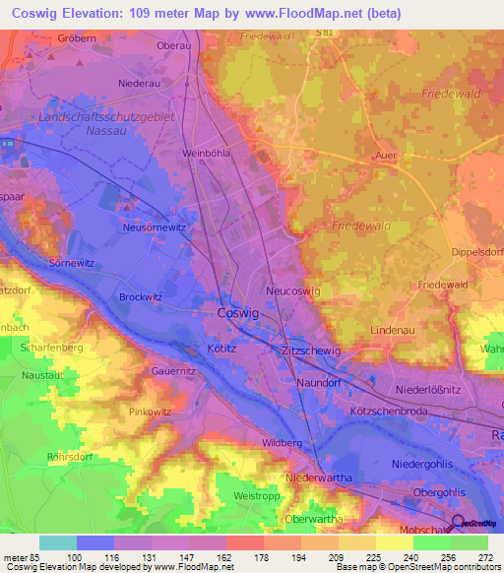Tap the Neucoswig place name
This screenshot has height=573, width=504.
point(292,291)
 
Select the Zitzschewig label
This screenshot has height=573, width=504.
point(310,350)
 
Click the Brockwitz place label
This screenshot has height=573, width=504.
point(140,296)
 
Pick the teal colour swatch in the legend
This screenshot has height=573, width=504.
point(57,542)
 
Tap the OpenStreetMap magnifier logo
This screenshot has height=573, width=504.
point(459,524)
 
